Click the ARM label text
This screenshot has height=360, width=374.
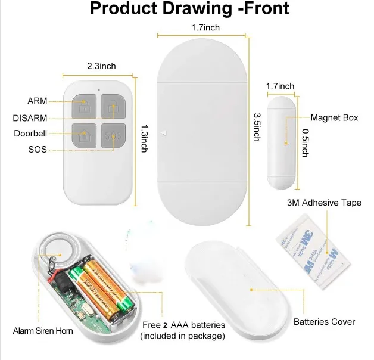click(x=37, y=101)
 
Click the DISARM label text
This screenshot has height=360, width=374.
click(x=30, y=117)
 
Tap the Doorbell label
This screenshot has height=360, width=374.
click(x=30, y=133)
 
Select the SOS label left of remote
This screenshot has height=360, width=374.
click(x=38, y=149)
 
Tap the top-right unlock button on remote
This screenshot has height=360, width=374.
click(x=113, y=107)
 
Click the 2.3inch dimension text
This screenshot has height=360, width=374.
click(x=99, y=66)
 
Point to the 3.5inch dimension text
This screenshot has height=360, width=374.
click(x=257, y=127)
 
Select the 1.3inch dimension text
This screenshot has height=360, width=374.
click(x=144, y=138)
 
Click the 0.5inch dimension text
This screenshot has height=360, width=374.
click(x=304, y=142)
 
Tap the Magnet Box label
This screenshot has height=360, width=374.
click(x=334, y=117)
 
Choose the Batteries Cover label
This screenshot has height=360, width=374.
click(x=324, y=322)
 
